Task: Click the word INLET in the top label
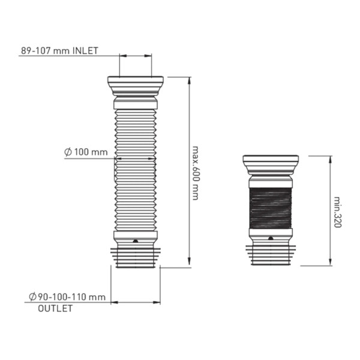(85, 51)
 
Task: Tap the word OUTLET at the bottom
(55, 308)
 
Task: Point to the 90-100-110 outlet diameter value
(71, 297)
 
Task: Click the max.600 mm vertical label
(195, 173)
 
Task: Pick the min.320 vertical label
(337, 212)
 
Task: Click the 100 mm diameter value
(91, 152)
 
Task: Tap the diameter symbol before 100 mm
(68, 152)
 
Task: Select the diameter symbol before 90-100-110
(32, 296)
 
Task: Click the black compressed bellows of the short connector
(271, 208)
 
